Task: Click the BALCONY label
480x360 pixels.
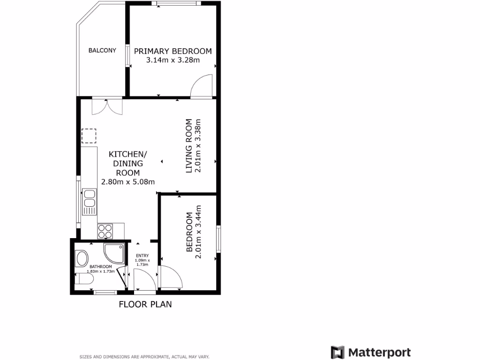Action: (x=102, y=50)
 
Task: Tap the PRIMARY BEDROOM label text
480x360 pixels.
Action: (x=173, y=51)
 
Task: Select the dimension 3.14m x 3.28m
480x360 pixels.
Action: (x=173, y=60)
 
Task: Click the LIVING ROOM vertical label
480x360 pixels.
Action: (x=189, y=146)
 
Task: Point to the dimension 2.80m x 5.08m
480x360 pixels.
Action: (x=128, y=181)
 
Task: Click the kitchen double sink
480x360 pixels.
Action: (x=89, y=201)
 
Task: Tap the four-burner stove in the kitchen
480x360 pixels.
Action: (x=105, y=231)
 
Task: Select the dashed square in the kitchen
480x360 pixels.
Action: (x=89, y=136)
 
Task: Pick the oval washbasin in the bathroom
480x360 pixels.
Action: (x=82, y=258)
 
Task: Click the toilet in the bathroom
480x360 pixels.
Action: (x=84, y=280)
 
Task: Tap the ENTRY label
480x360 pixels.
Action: (x=142, y=255)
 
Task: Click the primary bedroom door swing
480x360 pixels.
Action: (x=202, y=87)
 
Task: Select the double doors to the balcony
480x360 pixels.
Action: (x=107, y=107)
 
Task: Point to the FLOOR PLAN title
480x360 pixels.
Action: (x=145, y=304)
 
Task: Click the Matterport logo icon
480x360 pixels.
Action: (x=337, y=352)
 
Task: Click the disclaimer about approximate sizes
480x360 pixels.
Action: (x=144, y=357)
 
